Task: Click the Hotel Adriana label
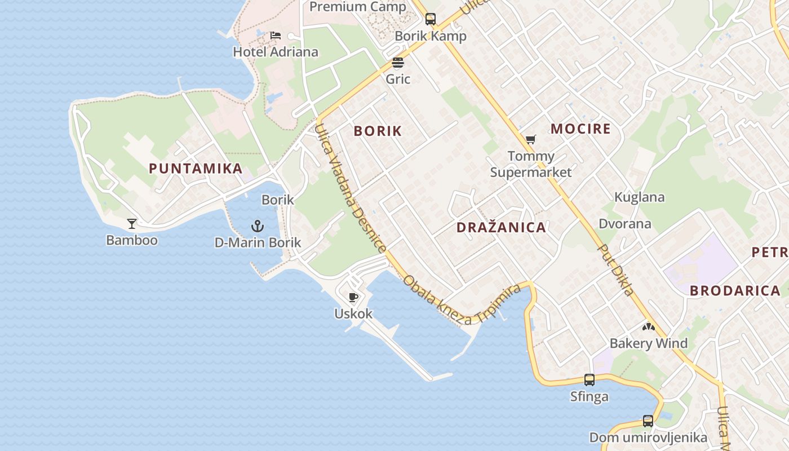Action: point(276,52)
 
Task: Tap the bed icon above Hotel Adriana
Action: point(276,36)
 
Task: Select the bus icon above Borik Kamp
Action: point(431,19)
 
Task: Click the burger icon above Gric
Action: point(398,63)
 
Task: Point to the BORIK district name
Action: point(378,131)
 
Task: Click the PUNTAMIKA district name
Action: point(196,168)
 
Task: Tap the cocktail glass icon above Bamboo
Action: point(132,224)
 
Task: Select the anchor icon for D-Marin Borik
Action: point(258,227)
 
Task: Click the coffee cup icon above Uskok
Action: point(353,297)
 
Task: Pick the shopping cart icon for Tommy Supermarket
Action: point(530,139)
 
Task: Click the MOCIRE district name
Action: point(580,129)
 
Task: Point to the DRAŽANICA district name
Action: point(501,228)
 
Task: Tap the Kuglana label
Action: point(639,197)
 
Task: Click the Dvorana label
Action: point(625,224)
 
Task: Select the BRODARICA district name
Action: point(735,291)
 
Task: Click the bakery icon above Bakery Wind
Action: point(649,327)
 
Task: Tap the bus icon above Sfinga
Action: point(589,380)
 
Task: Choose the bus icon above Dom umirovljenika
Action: point(648,421)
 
